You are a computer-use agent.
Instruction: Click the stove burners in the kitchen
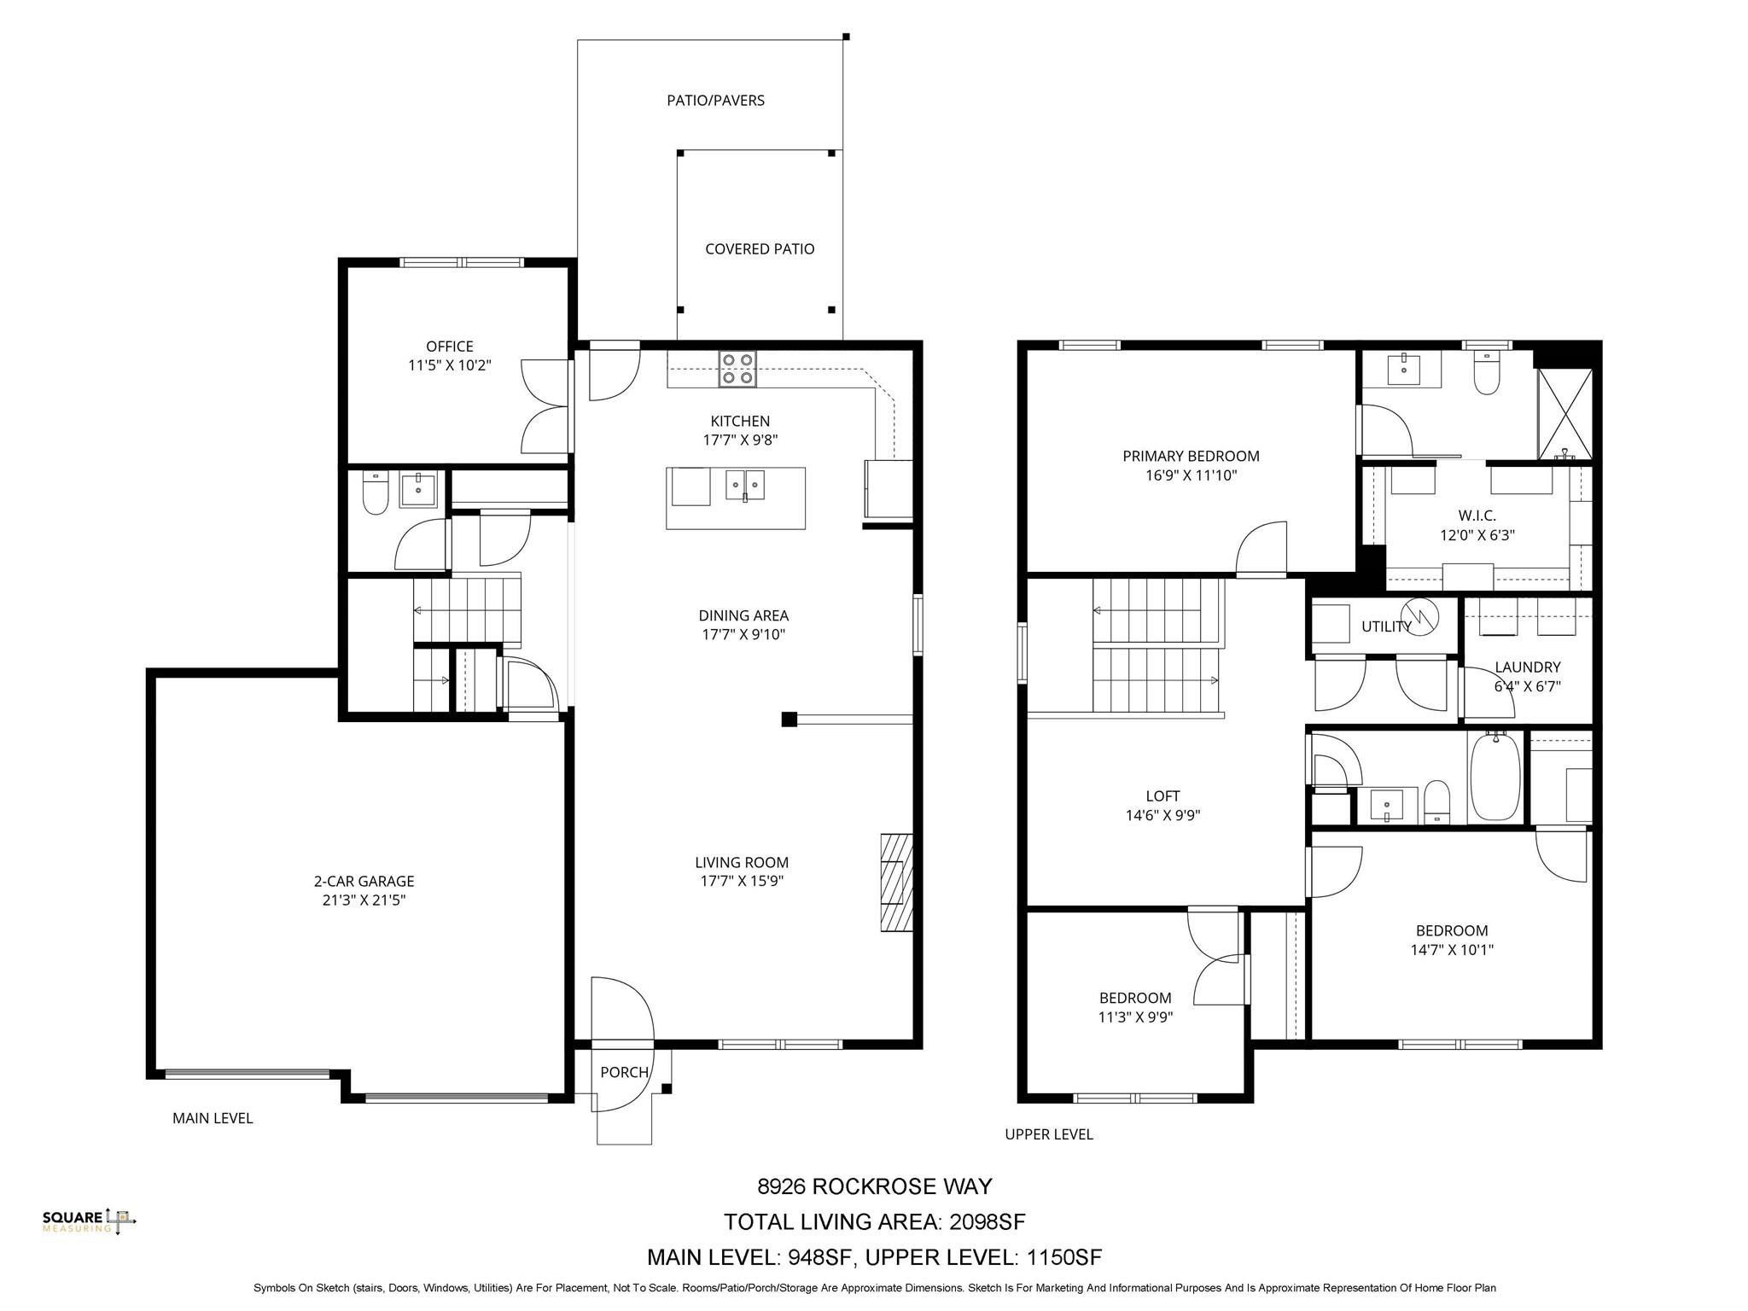coord(737,369)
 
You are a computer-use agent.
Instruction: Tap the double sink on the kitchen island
coord(745,485)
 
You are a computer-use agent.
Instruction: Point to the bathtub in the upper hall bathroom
coord(1494,776)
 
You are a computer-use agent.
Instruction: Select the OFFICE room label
coord(450,347)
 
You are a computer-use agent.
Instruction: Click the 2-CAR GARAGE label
coord(364,882)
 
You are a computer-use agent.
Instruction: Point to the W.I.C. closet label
coord(1477,516)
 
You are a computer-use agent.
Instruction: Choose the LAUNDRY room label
coord(1528,667)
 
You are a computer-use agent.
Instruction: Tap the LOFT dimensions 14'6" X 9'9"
coord(1162,815)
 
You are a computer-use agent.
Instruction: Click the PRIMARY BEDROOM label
coord(1191,457)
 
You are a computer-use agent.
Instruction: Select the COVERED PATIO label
coord(760,249)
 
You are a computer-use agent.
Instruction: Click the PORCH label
coord(624,1073)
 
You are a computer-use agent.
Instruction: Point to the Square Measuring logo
coord(90,1221)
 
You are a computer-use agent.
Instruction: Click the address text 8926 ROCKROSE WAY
coord(875,1186)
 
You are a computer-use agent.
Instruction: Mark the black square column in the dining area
coord(790,720)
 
